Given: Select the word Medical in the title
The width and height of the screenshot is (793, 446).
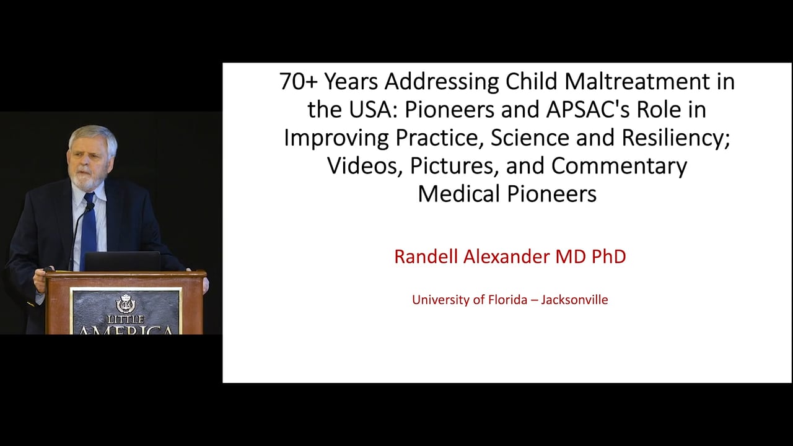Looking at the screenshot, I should click(459, 193).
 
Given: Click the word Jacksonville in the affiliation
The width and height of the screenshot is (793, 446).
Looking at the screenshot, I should click(574, 300).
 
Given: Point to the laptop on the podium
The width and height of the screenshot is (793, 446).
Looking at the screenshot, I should click(122, 261).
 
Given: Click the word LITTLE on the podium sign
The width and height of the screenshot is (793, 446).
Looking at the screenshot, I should click(126, 319).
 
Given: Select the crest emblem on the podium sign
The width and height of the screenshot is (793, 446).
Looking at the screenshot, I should click(126, 304).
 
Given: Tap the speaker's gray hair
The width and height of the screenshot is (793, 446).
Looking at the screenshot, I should click(93, 135).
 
